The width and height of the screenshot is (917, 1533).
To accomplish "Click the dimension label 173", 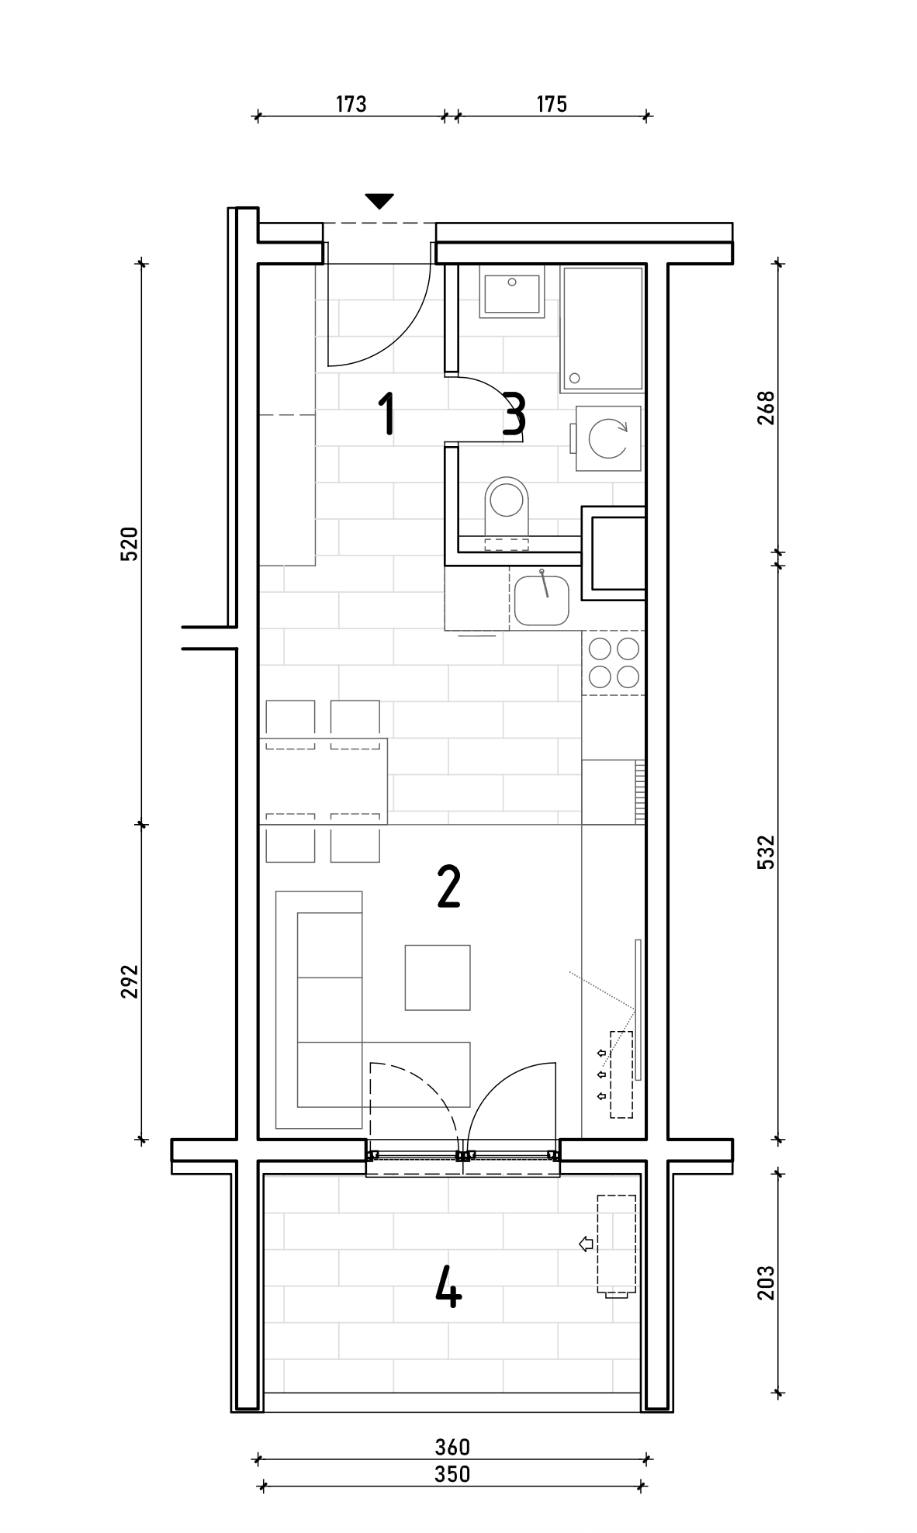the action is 351,104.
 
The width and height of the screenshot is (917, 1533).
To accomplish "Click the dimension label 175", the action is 552,104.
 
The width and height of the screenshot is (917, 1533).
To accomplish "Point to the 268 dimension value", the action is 766,408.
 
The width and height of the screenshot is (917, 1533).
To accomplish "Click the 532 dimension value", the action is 766,852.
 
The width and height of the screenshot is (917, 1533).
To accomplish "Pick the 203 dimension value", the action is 766,1282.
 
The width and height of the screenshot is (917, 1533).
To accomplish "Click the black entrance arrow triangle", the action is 379,201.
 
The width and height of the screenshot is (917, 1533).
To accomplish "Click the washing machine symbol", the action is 607,438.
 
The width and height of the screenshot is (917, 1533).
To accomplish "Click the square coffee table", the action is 438,978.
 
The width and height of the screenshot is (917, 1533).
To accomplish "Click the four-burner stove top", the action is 614,663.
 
